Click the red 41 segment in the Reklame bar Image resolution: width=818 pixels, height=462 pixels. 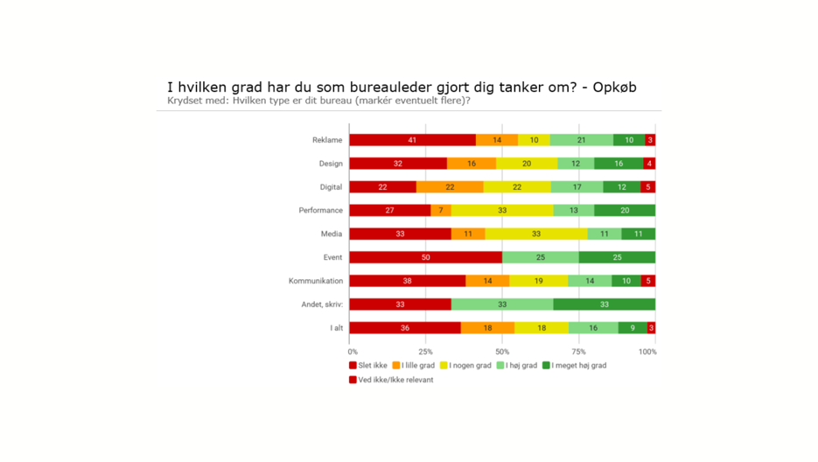pyautogui.click(x=412, y=140)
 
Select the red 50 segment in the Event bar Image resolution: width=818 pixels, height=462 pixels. pyautogui.click(x=425, y=257)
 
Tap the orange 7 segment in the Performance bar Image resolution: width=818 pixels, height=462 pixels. pyautogui.click(x=441, y=211)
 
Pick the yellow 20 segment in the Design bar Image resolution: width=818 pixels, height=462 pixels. pyautogui.click(x=527, y=164)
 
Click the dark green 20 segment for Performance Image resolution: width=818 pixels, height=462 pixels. pyautogui.click(x=624, y=211)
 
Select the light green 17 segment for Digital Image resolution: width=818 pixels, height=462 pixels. pyautogui.click(x=576, y=187)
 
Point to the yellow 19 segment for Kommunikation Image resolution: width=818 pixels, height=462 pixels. pyautogui.click(x=538, y=281)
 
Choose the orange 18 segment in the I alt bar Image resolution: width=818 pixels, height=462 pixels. pyautogui.click(x=487, y=328)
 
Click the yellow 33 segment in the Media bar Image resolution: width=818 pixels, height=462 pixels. pyautogui.click(x=536, y=234)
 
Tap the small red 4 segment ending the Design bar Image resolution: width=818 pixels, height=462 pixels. pyautogui.click(x=649, y=164)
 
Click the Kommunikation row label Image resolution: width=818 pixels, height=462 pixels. pyautogui.click(x=316, y=281)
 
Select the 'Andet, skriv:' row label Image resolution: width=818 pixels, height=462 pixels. pyautogui.click(x=321, y=304)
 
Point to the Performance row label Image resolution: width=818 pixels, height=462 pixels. pyautogui.click(x=320, y=211)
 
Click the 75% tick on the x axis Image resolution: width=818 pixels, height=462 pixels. pyautogui.click(x=578, y=352)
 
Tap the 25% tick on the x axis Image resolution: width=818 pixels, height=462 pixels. pyautogui.click(x=426, y=352)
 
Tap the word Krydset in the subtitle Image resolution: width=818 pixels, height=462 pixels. pyautogui.click(x=186, y=101)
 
